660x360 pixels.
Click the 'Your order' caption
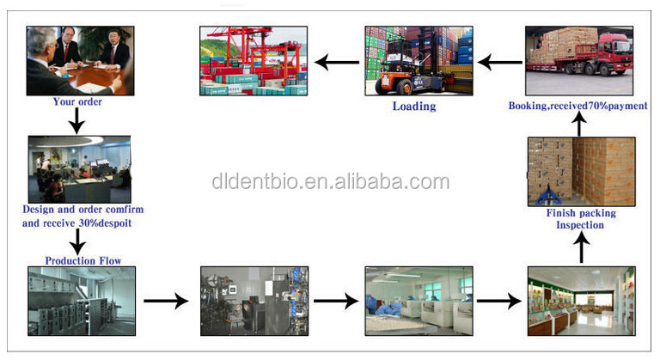point(76,101)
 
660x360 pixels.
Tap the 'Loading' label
point(414,107)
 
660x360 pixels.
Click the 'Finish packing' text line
point(582,213)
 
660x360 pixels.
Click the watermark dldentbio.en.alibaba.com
point(331,181)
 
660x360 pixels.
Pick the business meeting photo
point(80,60)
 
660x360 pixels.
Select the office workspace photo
point(79,168)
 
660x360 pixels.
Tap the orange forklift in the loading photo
point(398,76)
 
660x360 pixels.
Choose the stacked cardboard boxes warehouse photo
point(582,170)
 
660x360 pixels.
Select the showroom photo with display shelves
point(580,300)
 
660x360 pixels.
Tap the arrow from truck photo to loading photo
point(499,62)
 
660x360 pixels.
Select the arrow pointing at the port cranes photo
point(337,62)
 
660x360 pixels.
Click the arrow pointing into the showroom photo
point(499,301)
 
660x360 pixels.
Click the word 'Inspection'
point(582,225)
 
